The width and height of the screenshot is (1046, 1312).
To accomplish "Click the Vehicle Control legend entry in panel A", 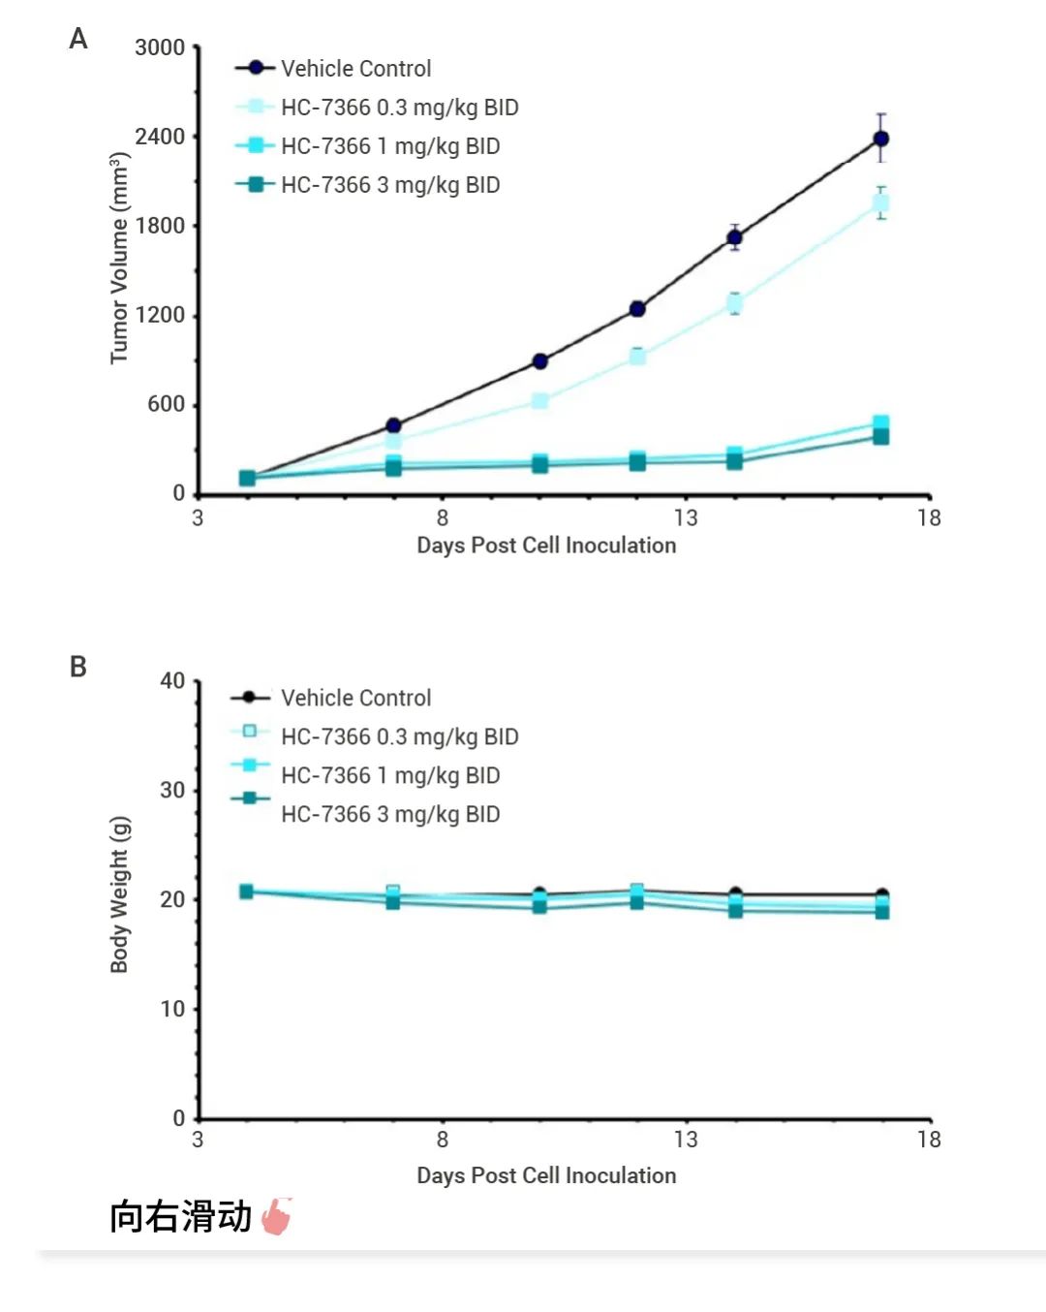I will coord(355,69).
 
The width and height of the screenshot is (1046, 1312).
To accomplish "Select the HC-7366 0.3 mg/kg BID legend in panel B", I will coord(399,736).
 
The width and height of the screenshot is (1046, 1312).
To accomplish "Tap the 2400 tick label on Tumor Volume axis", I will coord(160,137).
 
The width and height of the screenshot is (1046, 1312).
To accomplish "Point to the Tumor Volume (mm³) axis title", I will coord(119,258).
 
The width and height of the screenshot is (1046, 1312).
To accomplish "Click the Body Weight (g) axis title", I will coord(119,893).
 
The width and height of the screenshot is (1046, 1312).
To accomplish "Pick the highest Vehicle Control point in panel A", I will coord(880,139).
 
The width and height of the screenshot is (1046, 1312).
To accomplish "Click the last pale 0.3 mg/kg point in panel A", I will coord(880,203).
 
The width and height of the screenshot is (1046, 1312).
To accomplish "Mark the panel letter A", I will coord(78,39).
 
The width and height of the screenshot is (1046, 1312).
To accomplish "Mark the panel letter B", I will coord(78,667).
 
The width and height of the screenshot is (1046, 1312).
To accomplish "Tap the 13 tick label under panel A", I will coord(686,517).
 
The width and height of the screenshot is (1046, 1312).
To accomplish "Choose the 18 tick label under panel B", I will coord(929,1140).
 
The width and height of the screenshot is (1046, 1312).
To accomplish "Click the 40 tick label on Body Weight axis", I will coord(172,681).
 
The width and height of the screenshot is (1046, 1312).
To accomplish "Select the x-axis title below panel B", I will coord(546,1175).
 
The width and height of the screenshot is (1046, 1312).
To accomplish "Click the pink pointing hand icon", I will coord(277,1216).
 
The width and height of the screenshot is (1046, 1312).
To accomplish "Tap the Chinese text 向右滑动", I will coord(180,1216).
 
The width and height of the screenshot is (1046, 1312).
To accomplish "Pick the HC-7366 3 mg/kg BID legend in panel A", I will coord(389,185).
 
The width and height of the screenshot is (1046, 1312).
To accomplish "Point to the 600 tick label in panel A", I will coord(166,404).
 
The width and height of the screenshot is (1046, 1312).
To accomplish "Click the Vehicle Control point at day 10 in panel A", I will coord(539,361).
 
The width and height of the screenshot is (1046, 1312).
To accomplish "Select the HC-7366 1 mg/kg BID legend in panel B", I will coord(389,775).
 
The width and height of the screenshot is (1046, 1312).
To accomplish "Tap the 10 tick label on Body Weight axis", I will coord(172,1009).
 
